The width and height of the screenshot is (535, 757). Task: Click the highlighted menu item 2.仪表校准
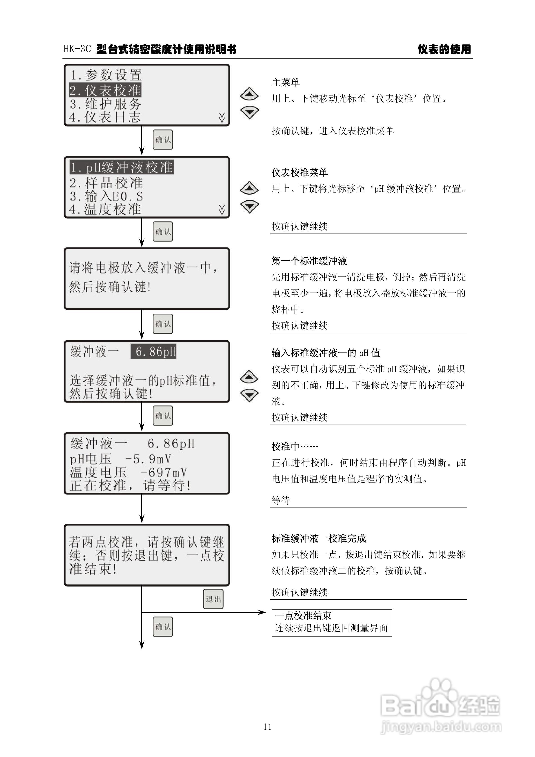pyautogui.click(x=105, y=90)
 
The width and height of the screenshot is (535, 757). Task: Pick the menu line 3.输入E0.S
pyautogui.click(x=106, y=196)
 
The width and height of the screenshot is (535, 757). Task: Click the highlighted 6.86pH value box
pyautogui.click(x=154, y=352)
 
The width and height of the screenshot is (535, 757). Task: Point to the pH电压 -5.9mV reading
pyautogui.click(x=120, y=459)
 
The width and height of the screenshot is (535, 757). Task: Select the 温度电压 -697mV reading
pyautogui.click(x=128, y=472)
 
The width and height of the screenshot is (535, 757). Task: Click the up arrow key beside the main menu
pyautogui.click(x=249, y=94)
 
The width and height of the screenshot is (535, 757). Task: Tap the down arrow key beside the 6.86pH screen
pyautogui.click(x=249, y=395)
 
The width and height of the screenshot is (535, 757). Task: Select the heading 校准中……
pyautogui.click(x=294, y=446)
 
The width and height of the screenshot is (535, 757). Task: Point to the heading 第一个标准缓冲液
pyautogui.click(x=309, y=261)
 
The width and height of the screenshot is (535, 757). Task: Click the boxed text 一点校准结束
pyautogui.click(x=303, y=615)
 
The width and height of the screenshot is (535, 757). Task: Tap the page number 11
pyautogui.click(x=267, y=727)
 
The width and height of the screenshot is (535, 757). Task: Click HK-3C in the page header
pyautogui.click(x=77, y=49)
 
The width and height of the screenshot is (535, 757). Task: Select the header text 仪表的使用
pyautogui.click(x=444, y=49)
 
